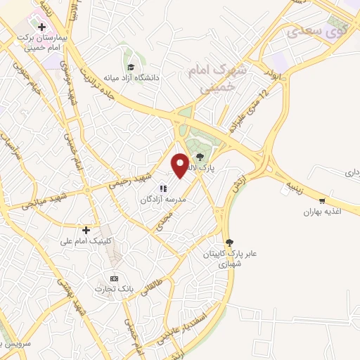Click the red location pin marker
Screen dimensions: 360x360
click(x=181, y=166)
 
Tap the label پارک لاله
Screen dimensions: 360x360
click(x=208, y=169)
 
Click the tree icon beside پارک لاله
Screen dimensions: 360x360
click(x=202, y=157)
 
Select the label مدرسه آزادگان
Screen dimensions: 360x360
click(x=163, y=200)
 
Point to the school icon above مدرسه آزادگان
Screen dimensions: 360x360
click(x=163, y=188)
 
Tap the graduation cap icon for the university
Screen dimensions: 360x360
click(x=131, y=67)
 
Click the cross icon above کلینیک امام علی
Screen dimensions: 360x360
click(x=86, y=230)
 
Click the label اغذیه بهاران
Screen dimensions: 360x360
click(x=322, y=212)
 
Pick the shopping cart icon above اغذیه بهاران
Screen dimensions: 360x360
click(x=322, y=200)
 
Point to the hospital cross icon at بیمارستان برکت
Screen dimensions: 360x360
click(x=42, y=27)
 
